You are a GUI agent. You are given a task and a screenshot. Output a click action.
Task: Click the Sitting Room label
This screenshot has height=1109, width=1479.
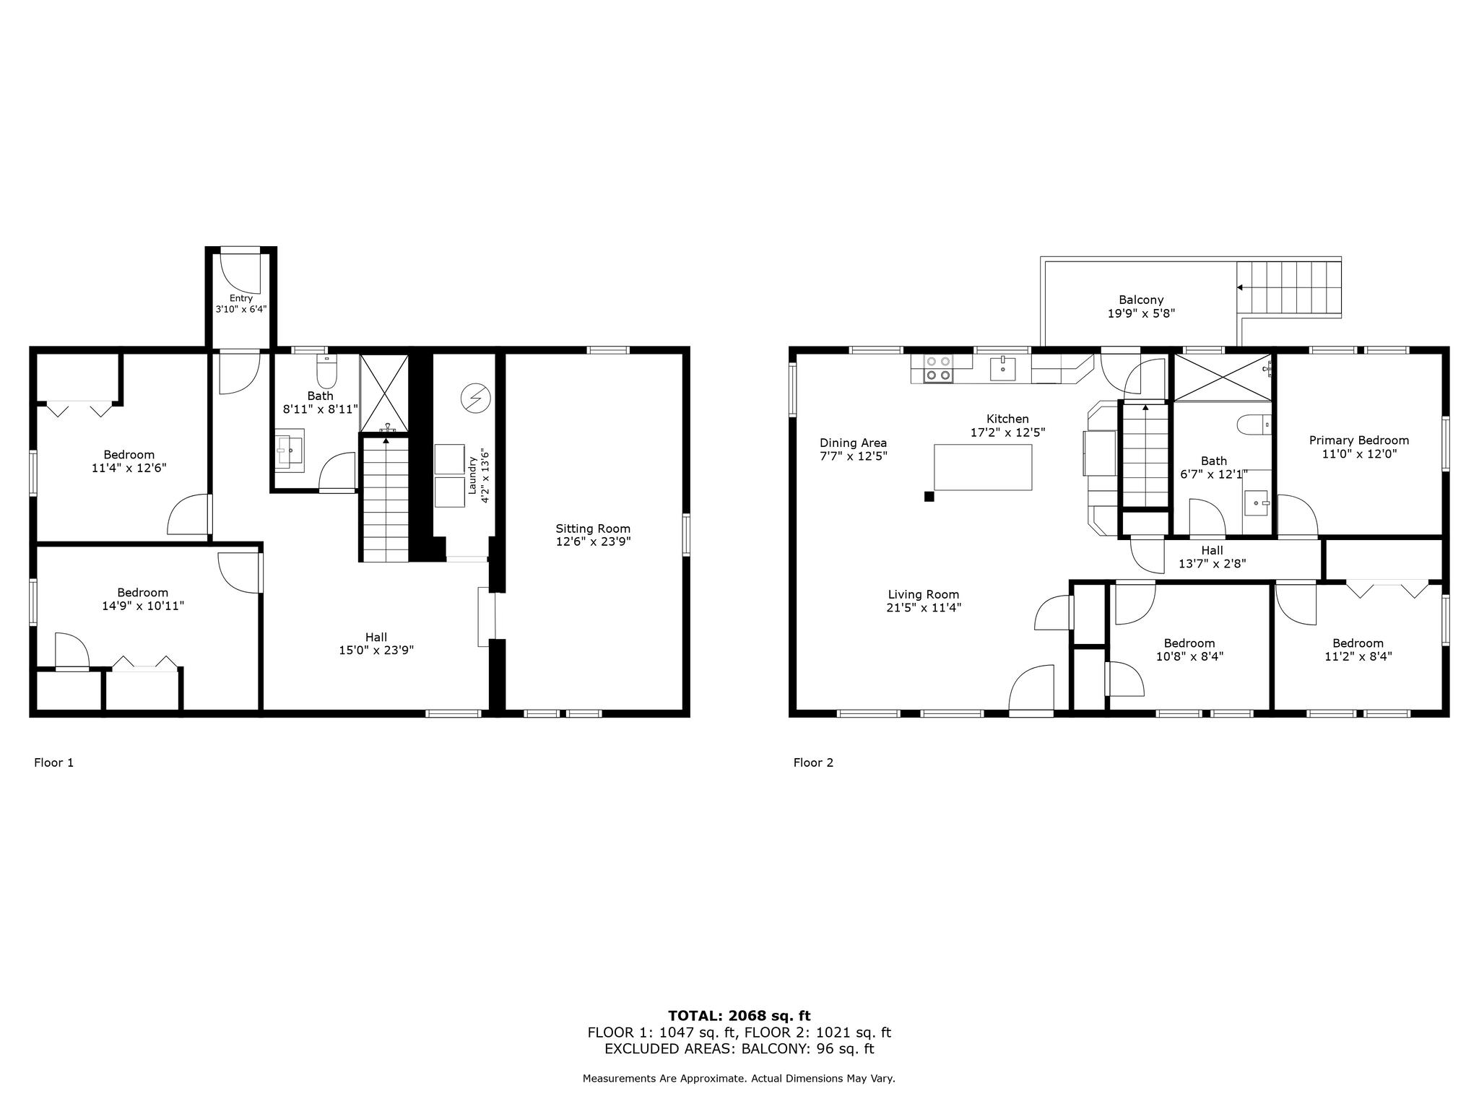pyautogui.click(x=593, y=529)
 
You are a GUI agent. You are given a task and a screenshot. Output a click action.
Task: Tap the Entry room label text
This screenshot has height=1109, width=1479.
pyautogui.click(x=241, y=298)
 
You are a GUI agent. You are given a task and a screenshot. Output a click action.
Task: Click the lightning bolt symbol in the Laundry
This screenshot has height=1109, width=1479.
pyautogui.click(x=475, y=399)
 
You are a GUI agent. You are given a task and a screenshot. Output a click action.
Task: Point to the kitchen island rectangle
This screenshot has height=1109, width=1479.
pyautogui.click(x=983, y=467)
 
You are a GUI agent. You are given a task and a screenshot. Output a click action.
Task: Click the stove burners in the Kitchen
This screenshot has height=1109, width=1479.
pyautogui.click(x=938, y=368)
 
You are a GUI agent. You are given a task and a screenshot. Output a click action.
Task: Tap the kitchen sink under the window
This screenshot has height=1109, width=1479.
pyautogui.click(x=1003, y=368)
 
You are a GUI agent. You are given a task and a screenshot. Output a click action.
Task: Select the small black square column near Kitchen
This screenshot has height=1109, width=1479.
pyautogui.click(x=929, y=496)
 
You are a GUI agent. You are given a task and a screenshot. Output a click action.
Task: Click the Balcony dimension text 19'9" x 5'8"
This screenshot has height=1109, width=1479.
pyautogui.click(x=1141, y=313)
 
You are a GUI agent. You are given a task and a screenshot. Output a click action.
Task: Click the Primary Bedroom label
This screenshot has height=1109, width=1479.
pyautogui.click(x=1359, y=440)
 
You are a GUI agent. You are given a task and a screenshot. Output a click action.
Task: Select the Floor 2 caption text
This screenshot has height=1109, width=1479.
pyautogui.click(x=813, y=762)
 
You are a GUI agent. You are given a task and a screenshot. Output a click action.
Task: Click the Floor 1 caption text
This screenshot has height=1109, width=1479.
pyautogui.click(x=54, y=762)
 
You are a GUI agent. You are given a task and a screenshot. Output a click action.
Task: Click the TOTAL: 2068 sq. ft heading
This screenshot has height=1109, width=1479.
pyautogui.click(x=739, y=1016)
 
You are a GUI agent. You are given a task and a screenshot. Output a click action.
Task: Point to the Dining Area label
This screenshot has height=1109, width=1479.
pyautogui.click(x=853, y=443)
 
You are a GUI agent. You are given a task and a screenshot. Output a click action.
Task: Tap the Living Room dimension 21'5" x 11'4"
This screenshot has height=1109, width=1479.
pyautogui.click(x=924, y=608)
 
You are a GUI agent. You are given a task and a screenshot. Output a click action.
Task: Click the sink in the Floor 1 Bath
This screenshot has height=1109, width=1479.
pyautogui.click(x=289, y=450)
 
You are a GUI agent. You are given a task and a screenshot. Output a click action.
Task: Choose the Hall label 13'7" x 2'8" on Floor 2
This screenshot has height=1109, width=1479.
pyautogui.click(x=1212, y=563)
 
